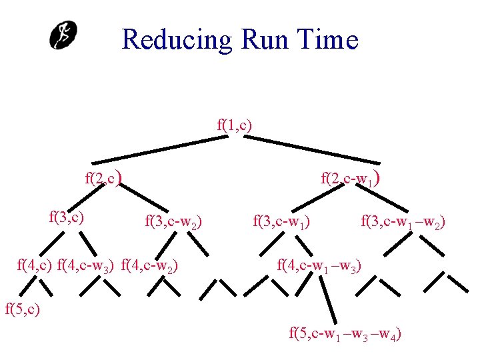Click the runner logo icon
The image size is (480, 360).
(64, 35)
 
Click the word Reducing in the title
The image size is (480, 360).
(176, 40)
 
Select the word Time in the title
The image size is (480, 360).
(330, 40)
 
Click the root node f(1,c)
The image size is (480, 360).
(235, 124)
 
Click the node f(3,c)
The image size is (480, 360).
(67, 216)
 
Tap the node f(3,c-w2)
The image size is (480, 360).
(174, 221)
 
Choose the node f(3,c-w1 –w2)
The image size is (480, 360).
(403, 221)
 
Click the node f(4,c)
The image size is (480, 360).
(35, 267)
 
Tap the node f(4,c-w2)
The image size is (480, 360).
(149, 267)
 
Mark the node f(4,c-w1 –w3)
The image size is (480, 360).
(319, 267)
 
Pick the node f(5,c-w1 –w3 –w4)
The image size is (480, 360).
(345, 333)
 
